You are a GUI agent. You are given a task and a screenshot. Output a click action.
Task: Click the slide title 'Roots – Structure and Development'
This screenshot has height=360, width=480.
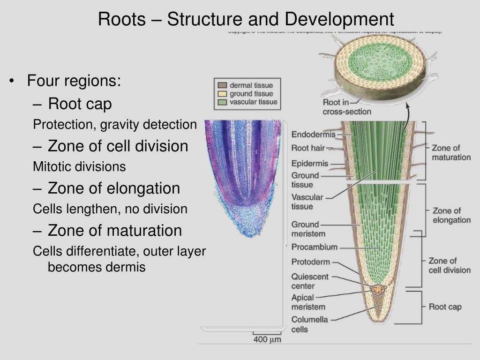tap(246, 19)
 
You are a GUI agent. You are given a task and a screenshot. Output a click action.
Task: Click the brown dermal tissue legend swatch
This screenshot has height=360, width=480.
tap(222, 85)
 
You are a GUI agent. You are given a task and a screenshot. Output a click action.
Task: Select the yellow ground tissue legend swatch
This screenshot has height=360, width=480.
tap(222, 94)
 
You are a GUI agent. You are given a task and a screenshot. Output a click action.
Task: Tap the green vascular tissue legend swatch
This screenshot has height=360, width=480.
tap(222, 102)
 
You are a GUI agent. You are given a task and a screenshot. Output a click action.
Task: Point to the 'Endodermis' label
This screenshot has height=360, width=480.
tap(314, 135)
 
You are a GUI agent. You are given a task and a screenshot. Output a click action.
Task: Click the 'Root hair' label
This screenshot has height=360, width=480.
tap(308, 148)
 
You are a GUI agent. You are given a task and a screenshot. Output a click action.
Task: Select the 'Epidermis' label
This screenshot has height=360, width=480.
tap(310, 164)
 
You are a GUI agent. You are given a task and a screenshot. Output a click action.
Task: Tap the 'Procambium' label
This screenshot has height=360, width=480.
tap(314, 247)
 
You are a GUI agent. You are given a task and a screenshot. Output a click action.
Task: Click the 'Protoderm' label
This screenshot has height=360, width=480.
tap(310, 262)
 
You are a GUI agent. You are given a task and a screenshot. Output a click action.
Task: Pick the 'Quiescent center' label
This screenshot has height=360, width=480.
tap(310, 281)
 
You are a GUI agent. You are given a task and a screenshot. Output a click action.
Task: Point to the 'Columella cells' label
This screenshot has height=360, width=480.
tap(309, 324)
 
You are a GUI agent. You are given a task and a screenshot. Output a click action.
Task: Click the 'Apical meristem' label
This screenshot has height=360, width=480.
tap(308, 302)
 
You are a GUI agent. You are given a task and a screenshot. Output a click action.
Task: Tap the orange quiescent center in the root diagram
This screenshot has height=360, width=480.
tap(377, 290)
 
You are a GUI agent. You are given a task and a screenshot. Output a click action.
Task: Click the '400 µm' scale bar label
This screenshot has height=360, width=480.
tap(267, 339)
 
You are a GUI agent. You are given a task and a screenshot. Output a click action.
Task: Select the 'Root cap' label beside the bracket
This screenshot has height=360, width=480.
tap(445, 307)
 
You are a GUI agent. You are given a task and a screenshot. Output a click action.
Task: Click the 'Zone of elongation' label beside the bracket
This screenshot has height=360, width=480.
tap(451, 215)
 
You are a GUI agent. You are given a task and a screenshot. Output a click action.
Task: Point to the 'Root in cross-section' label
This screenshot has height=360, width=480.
tap(346, 107)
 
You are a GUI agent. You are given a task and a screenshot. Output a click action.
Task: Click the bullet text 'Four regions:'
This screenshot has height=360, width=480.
tap(74, 81)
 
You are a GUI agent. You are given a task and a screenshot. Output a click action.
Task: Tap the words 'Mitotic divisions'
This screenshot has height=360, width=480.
tap(79, 166)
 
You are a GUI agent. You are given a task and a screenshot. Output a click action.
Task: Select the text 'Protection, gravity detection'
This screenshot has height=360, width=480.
tap(115, 125)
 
